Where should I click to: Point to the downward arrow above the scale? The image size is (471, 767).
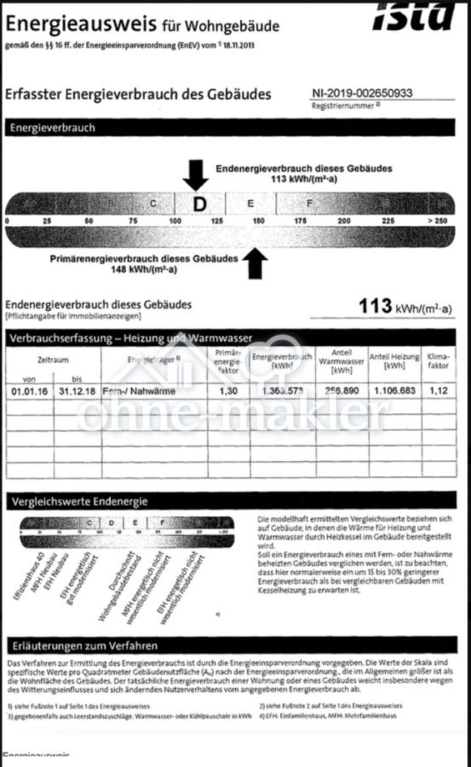(196, 174)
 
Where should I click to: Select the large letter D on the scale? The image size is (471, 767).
(199, 204)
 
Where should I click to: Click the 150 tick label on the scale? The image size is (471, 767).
(258, 222)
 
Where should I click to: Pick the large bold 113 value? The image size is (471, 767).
(374, 306)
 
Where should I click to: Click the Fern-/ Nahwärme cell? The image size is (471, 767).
(137, 391)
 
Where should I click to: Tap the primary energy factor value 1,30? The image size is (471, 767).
(228, 391)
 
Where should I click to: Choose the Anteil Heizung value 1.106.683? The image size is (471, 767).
(394, 391)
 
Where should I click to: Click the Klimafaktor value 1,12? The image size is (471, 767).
(438, 391)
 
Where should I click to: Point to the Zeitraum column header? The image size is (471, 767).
(52, 360)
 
